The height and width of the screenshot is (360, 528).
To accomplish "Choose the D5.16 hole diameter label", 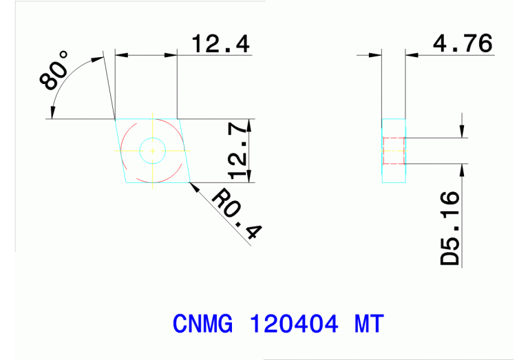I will point(450,229).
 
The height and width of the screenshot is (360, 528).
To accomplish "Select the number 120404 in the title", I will point(295,323).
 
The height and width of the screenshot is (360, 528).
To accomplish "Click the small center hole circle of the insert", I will point(152,150).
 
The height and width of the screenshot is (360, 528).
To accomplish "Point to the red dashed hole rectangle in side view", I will point(393,151).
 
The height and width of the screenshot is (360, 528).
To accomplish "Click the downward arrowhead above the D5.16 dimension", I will point(462,132).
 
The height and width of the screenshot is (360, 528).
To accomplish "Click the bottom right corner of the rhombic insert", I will point(190,182).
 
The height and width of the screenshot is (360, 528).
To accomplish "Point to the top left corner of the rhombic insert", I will point(115,119).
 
